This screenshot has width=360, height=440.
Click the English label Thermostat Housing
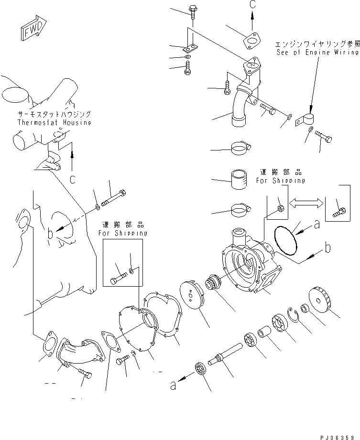[54, 122]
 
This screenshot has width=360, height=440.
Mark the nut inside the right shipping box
[281, 208]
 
